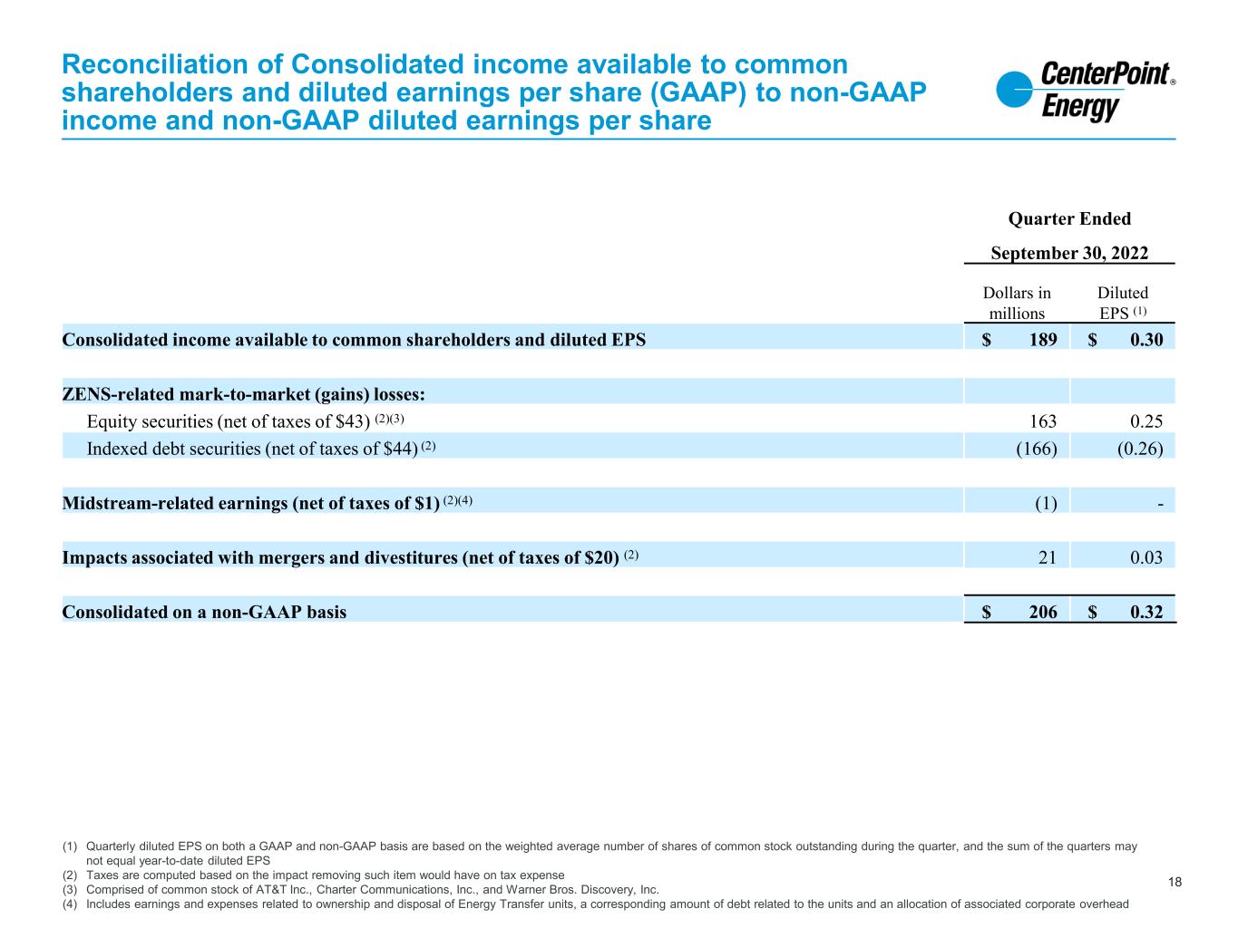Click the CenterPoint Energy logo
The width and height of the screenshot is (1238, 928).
1085,91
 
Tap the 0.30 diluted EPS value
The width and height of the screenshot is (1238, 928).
1146,340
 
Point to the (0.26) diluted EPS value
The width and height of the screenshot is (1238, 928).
1142,448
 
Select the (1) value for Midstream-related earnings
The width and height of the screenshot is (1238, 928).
1046,502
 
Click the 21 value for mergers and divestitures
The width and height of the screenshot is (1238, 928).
1048,556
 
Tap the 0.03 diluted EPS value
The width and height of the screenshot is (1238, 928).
1146,556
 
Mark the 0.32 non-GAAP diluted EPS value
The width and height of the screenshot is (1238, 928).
1146,612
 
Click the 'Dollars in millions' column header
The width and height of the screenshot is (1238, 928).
1017,303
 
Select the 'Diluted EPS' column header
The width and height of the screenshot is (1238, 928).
1122,303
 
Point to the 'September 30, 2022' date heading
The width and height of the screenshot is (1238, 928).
1069,253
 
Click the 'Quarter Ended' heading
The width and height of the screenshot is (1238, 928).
1069,218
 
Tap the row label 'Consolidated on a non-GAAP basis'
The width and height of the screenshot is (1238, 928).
204,612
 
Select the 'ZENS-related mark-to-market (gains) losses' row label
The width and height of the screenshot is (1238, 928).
244,394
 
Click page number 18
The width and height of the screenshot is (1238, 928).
1175,882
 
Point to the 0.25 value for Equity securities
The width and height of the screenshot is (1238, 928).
1146,420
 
